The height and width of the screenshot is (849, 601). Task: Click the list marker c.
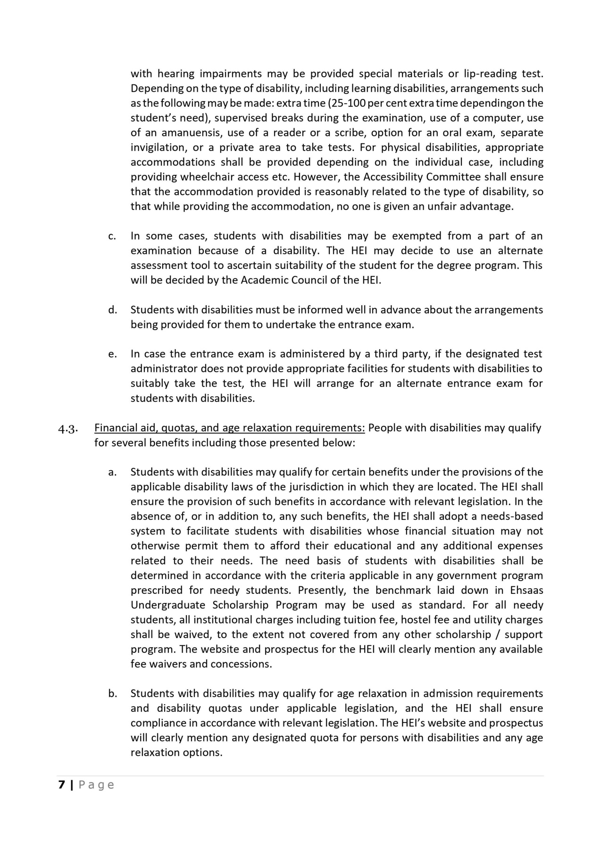pyautogui.click(x=112, y=236)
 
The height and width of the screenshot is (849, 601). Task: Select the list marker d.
pyautogui.click(x=112, y=310)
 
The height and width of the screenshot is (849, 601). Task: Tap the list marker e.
pyautogui.click(x=112, y=354)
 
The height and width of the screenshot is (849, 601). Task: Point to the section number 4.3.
pyautogui.click(x=67, y=428)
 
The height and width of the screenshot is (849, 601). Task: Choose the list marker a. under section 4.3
pyautogui.click(x=112, y=472)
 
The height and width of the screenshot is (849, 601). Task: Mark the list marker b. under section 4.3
pyautogui.click(x=112, y=694)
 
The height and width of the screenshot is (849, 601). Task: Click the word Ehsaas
pyautogui.click(x=526, y=590)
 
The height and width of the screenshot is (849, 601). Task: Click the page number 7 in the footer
pyautogui.click(x=61, y=785)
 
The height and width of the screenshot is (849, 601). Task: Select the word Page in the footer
pyautogui.click(x=96, y=785)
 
